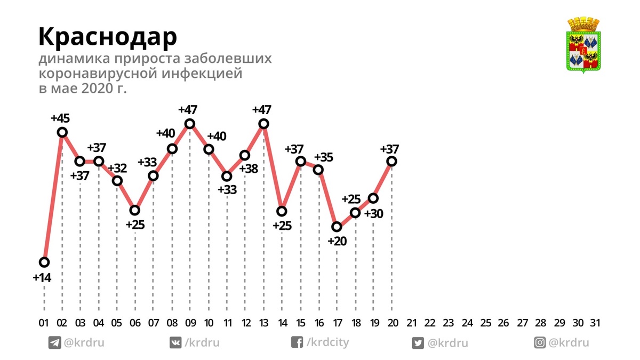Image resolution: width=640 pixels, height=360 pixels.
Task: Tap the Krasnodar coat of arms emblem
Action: [x=583, y=45]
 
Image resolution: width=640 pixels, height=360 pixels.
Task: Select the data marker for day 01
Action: [x=44, y=262]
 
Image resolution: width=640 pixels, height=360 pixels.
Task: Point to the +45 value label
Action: [x=60, y=118]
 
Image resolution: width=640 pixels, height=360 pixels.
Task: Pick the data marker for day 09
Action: [x=189, y=124]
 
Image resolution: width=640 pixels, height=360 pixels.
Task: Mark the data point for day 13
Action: [x=263, y=124]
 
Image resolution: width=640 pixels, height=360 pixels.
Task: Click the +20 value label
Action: [x=337, y=241]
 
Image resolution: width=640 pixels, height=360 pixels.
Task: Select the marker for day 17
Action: [x=337, y=227]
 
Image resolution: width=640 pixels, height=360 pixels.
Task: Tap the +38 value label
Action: [x=248, y=169]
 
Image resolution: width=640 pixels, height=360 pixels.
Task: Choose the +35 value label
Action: [x=324, y=157]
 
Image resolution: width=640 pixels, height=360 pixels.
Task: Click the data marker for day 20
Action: [x=392, y=161]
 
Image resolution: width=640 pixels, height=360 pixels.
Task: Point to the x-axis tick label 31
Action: [x=596, y=323]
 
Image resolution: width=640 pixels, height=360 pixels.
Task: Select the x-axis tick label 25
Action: [x=485, y=323]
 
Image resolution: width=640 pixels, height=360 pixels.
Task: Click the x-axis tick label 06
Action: [x=135, y=323]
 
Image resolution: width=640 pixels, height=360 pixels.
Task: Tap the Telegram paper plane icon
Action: [x=54, y=343]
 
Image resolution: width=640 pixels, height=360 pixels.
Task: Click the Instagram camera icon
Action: [x=540, y=343]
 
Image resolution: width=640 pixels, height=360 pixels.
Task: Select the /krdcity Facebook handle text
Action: [x=327, y=342]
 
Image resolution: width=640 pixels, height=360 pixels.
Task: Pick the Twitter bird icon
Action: [x=418, y=343]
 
